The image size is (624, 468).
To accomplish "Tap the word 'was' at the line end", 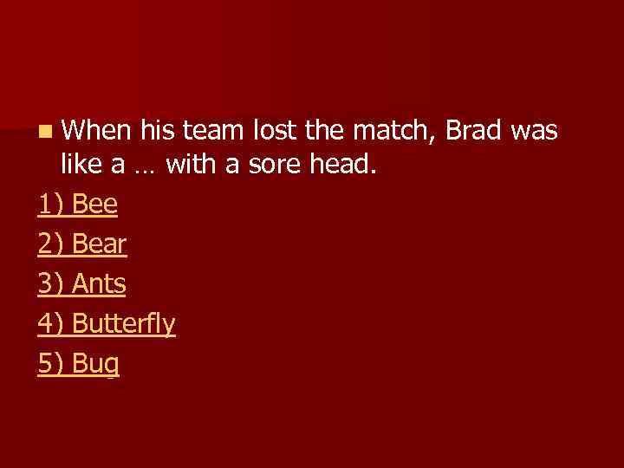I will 534,130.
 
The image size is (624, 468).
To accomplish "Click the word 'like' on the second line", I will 81,164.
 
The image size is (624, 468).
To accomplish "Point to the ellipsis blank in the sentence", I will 145,166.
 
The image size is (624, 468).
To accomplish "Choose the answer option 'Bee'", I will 95,205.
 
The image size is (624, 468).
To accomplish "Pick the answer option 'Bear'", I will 100,244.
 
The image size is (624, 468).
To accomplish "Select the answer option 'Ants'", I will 100,284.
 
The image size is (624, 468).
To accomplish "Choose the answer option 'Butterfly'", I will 124,324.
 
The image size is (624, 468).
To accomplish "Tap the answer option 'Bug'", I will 96,364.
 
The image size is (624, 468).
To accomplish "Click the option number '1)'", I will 51,205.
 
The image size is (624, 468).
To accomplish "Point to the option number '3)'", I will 51,284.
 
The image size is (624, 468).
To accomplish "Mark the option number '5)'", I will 51,364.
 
